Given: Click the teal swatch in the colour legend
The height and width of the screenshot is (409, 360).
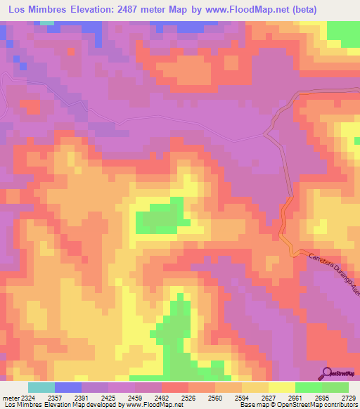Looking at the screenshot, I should click(x=41, y=387).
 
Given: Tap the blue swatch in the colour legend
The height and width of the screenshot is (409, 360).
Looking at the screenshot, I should click(x=67, y=387).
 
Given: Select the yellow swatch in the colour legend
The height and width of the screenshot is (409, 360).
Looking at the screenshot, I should click(x=282, y=387).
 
